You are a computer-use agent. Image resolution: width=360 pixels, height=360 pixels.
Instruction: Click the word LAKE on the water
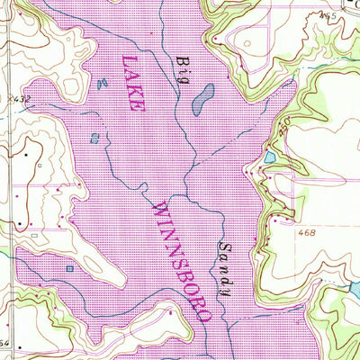point(131,82)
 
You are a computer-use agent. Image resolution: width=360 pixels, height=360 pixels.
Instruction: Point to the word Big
point(184,64)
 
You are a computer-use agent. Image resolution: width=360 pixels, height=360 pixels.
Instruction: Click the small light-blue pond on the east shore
point(269,159)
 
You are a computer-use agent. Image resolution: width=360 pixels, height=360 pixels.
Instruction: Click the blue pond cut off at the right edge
point(355,290)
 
